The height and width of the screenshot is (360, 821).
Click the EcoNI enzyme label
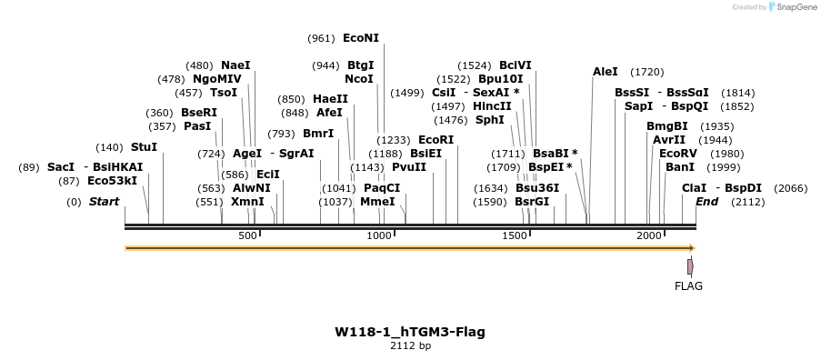(361, 38)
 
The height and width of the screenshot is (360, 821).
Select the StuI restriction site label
(144, 146)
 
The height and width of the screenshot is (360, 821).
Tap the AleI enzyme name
(605, 71)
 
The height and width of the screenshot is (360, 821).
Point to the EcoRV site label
(677, 154)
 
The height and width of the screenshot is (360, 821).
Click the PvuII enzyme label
(408, 167)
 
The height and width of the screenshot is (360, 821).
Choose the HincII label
(492, 105)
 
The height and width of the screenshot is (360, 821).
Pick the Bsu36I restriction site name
(537, 188)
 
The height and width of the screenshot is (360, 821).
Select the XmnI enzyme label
(247, 202)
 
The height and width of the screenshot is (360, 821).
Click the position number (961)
(321, 38)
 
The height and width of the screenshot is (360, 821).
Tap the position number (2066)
(789, 188)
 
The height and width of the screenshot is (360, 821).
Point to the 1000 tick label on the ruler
(380, 236)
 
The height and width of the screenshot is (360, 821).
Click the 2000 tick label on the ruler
(648, 236)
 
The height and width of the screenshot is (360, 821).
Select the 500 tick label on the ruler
(248, 236)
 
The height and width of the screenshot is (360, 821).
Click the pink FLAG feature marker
(690, 266)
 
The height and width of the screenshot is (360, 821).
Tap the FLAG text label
(688, 285)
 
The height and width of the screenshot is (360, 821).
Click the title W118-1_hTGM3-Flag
(410, 332)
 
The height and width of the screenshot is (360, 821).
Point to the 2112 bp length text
(410, 345)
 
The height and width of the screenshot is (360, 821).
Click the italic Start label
(104, 202)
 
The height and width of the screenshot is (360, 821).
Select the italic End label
(706, 202)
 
